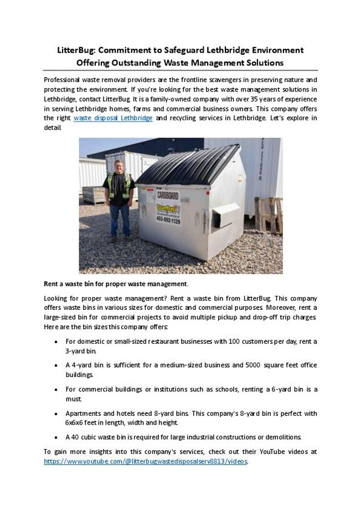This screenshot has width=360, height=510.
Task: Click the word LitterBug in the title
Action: point(77,50)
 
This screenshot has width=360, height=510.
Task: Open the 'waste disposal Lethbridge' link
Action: point(113,119)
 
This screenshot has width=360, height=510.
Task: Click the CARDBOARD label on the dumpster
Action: point(167,195)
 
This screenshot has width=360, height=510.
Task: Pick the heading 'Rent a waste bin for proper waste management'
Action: point(116,284)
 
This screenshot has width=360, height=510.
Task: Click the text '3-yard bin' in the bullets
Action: point(81,351)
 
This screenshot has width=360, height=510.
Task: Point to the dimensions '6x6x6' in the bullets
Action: point(75,422)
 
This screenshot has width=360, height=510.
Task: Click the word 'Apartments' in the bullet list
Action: point(84,414)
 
